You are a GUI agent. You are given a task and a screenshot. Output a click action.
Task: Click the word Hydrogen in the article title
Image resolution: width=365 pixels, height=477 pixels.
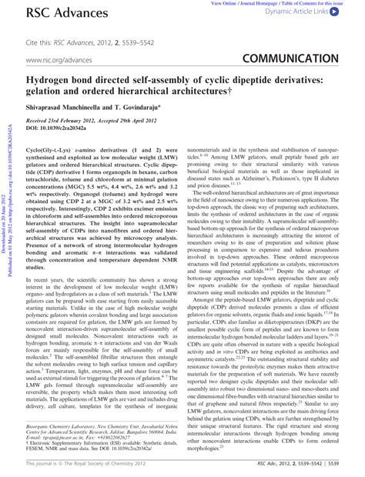click(x=50, y=78)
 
